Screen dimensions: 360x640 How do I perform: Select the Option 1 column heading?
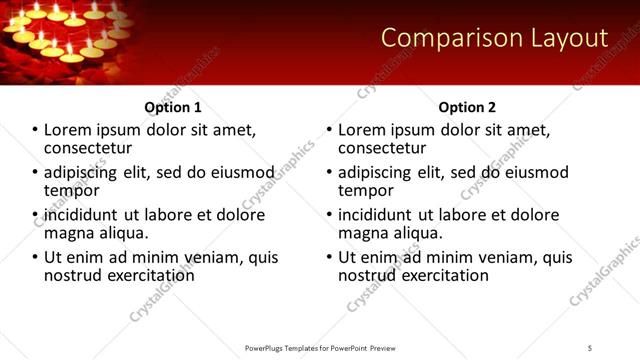point(173,107)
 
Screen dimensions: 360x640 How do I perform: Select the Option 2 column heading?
point(467,107)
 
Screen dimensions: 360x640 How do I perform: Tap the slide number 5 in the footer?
point(590,348)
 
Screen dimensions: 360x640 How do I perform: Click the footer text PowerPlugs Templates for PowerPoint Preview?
point(320,348)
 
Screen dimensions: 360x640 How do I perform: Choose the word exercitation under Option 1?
point(142,274)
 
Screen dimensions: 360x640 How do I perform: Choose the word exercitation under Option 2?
point(436,274)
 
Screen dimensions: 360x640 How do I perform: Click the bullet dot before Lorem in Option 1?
point(35,131)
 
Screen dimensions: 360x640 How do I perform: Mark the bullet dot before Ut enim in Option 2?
point(329,257)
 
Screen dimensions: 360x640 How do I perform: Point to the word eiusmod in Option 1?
point(237,173)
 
